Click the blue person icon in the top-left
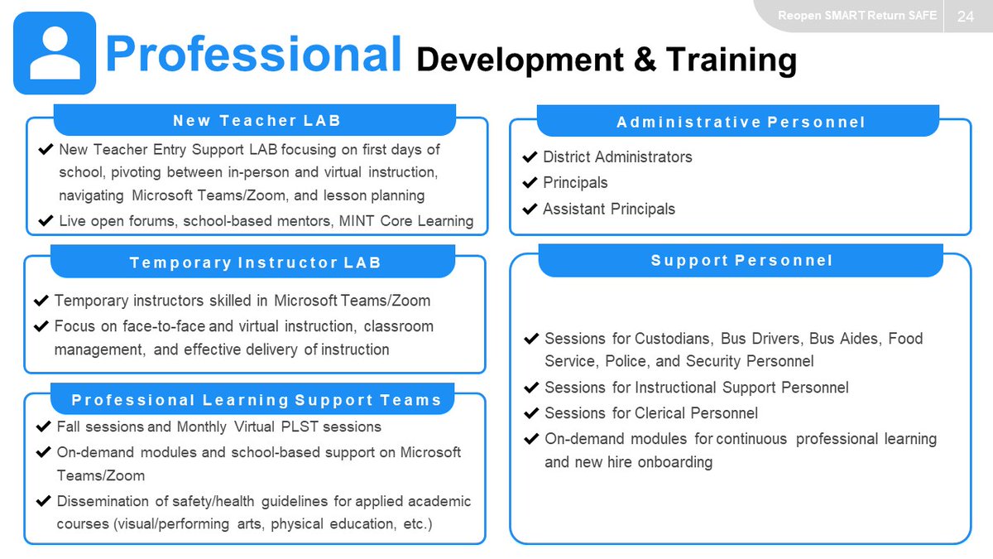pos(55,53)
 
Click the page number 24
pos(966,17)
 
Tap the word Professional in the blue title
pos(253,54)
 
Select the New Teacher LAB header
pos(257,121)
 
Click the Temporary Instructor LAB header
pos(255,263)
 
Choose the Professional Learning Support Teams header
pos(257,401)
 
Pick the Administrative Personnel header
pos(741,123)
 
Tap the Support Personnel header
pos(741,261)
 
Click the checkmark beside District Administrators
pos(530,157)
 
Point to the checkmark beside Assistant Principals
pos(530,210)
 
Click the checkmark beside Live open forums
pos(46,221)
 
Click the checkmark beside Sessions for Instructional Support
pos(531,388)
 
